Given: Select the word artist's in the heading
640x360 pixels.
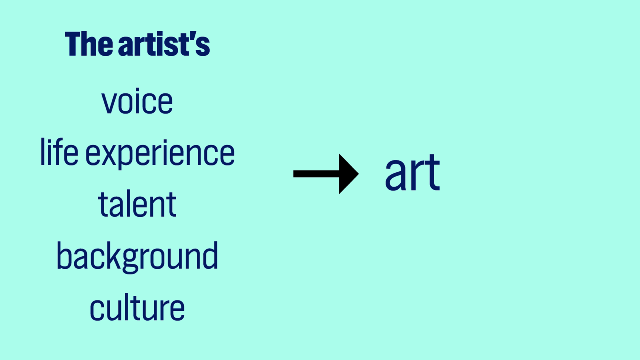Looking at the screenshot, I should (164, 44).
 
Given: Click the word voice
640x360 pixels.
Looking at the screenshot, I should (137, 102).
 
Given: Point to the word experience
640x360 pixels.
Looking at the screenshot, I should (160, 154).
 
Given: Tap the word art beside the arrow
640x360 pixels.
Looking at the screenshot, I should (412, 173).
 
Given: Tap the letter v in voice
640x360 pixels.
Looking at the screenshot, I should (109, 103).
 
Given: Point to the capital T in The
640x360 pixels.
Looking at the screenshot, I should (74, 44).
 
